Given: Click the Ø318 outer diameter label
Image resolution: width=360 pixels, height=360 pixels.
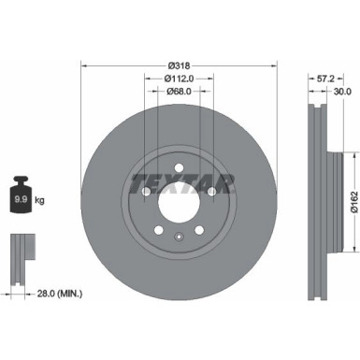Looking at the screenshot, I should tap(179, 65).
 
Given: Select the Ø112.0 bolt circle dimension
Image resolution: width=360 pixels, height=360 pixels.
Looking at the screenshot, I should tap(179, 79).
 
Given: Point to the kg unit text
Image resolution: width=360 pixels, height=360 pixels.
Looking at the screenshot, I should tap(37, 199).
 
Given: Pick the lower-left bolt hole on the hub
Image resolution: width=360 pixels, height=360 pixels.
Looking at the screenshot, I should tap(158, 230).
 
